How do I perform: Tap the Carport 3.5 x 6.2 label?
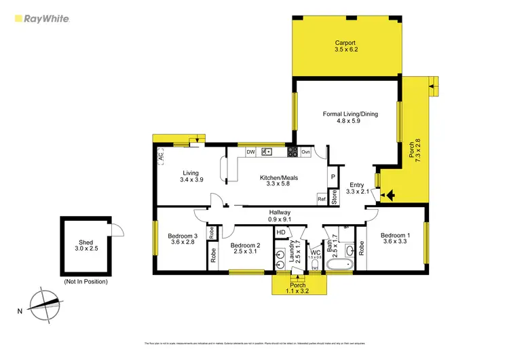pos(345,47)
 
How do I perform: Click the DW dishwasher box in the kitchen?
pos(250,152)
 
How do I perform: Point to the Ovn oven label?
pos(305,152)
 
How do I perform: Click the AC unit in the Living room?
pos(161,156)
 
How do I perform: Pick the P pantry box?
pos(333,177)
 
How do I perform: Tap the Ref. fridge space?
pos(322,198)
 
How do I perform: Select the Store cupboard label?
pos(334,198)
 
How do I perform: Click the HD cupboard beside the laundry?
pos(280,233)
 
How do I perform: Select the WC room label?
pos(314,255)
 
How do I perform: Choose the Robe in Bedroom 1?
pos(361,248)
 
